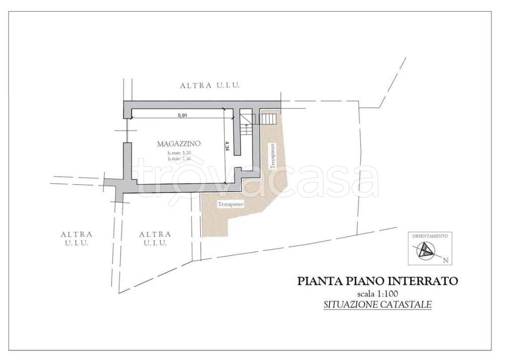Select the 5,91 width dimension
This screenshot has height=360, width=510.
pos(182,116)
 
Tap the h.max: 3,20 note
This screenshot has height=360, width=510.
pos(179,153)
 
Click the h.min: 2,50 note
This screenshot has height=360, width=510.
pos(179,158)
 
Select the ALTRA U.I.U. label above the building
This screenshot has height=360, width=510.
pos(210,86)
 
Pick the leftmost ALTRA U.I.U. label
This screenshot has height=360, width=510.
pos(76,238)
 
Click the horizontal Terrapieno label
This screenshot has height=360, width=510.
pos(230,204)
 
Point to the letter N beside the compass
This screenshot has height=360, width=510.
pos(446,260)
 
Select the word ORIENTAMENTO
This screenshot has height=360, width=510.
pos(430,236)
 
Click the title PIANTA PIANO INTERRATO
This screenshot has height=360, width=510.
pos(377,281)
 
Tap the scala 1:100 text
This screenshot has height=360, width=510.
pos(378,293)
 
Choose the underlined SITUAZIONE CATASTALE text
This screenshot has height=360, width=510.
pos(377,304)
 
